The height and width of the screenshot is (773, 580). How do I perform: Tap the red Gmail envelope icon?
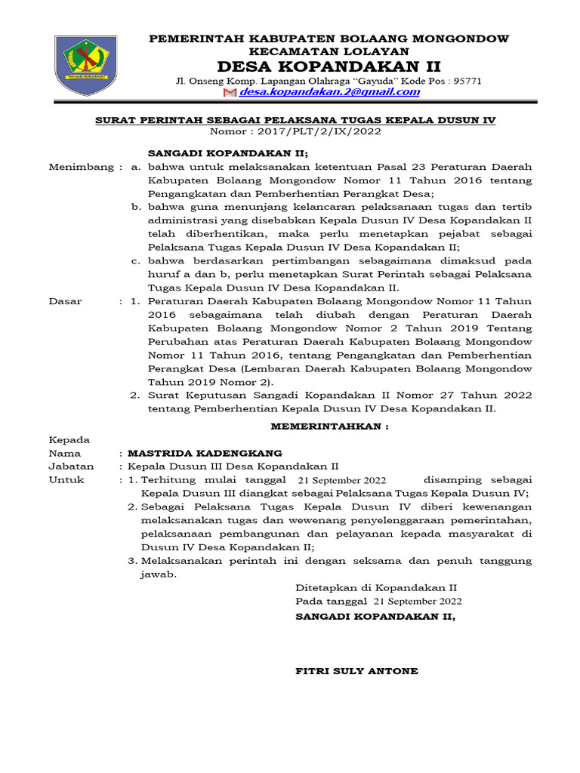[230, 93]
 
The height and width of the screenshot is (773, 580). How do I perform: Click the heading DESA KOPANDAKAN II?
[329, 66]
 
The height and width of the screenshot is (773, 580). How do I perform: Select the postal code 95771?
[467, 80]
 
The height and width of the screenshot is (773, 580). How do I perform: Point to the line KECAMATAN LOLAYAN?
[329, 51]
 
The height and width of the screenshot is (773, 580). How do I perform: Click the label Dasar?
[65, 301]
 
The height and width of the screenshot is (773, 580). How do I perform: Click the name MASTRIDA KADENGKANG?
[205, 453]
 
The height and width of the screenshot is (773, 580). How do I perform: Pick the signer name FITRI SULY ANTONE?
[356, 671]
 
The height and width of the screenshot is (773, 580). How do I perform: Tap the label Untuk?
[66, 480]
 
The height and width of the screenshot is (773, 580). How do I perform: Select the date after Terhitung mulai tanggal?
[342, 480]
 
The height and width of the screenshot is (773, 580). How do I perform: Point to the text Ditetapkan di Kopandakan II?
[375, 587]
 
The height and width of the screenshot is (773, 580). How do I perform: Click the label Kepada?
[69, 439]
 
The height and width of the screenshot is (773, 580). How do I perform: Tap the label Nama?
[64, 453]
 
